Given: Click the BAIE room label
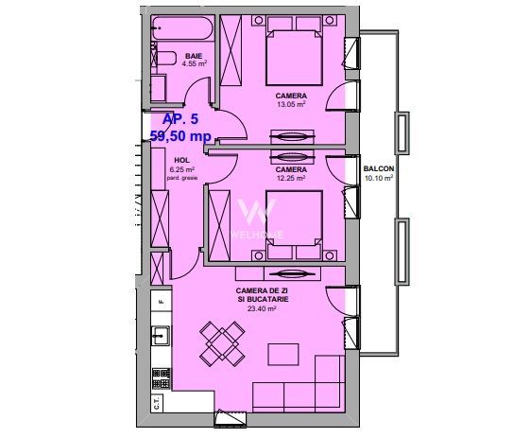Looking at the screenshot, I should (195, 56).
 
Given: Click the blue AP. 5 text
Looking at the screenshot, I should (181, 119).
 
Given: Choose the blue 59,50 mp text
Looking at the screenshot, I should (180, 136).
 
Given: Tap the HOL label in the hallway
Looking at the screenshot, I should (180, 161).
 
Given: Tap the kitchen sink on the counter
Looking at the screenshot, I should (162, 334).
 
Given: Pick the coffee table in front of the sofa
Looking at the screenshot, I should (284, 353).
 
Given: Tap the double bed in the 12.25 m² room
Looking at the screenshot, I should (293, 225).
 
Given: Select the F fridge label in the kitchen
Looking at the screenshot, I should (162, 302).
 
